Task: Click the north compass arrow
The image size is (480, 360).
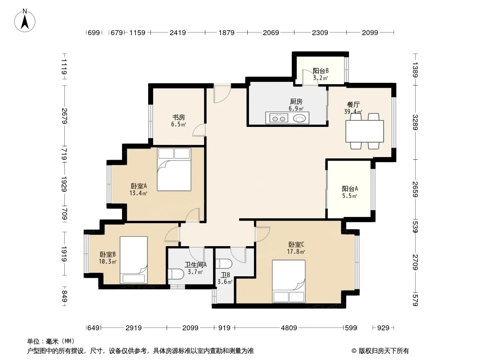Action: coord(25,22)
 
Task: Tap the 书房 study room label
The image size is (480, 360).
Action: coord(178,117)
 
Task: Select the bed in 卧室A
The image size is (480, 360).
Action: coord(174,170)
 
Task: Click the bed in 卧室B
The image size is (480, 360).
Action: coord(133,260)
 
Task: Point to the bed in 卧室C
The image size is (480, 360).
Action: coord(289,281)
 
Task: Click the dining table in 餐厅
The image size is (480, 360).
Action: coord(365,131)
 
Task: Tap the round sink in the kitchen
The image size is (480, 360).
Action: coord(299,118)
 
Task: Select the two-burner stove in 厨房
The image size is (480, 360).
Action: coord(277,118)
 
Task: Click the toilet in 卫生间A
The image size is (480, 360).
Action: coord(176,274)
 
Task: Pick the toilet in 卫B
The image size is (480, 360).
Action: coord(224,264)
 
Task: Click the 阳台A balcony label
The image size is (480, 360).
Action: coord(350,189)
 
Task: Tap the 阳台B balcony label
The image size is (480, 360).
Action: coord(321,71)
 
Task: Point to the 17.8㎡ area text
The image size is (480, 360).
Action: coord(296,252)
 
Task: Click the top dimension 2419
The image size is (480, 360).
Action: coord(177,32)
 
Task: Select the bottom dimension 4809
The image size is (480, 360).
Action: coord(289,328)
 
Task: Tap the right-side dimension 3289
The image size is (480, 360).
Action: coord(415,122)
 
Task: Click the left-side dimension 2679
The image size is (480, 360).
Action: coord(64,116)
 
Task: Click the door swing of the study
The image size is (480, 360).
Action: coord(199,130)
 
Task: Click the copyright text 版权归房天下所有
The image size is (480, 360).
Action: coord(384,351)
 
